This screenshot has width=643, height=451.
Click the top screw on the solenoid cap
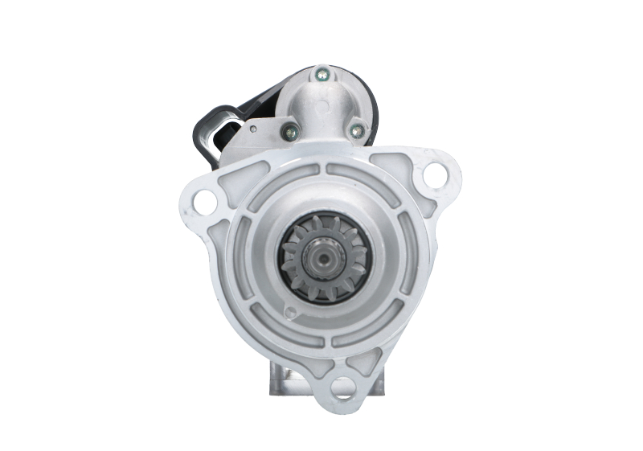(x=321, y=75)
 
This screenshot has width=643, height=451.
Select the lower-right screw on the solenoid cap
(x=356, y=129)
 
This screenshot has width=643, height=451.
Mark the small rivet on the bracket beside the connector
(x=252, y=128)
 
